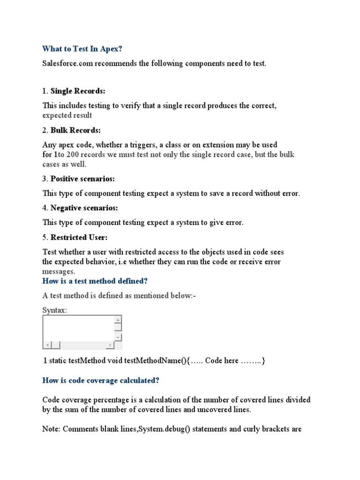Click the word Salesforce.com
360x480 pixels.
coord(67,63)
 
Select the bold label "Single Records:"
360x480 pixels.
coord(78,91)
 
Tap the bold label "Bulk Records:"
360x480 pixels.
coord(75,130)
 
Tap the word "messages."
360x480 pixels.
coord(58,271)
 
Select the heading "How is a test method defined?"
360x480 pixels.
coord(95,281)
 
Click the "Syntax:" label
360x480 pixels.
coord(54,310)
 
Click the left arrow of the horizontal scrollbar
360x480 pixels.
coord(46,345)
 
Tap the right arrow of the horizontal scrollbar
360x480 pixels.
coord(110,345)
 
